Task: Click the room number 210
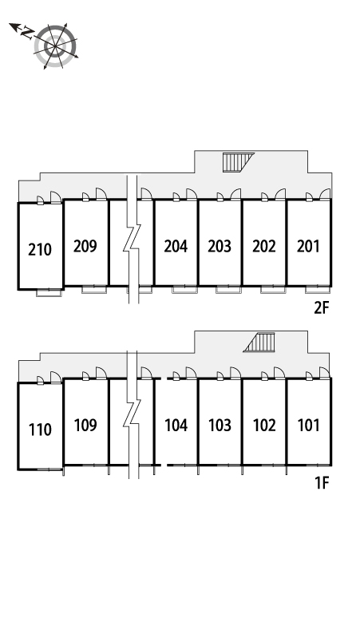click(40, 249)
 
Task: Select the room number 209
click(85, 246)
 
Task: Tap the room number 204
click(176, 247)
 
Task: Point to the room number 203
click(220, 247)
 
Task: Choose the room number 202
click(264, 247)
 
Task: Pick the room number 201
click(308, 247)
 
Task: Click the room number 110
click(40, 430)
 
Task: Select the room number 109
click(85, 426)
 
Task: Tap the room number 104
click(176, 426)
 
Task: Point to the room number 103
click(220, 426)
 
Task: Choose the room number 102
click(264, 426)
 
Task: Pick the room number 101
click(308, 426)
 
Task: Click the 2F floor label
click(321, 308)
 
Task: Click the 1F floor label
click(322, 482)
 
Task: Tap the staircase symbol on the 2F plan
click(238, 162)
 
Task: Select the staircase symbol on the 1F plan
click(259, 342)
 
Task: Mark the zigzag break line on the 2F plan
click(133, 240)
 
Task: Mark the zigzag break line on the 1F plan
click(133, 414)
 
